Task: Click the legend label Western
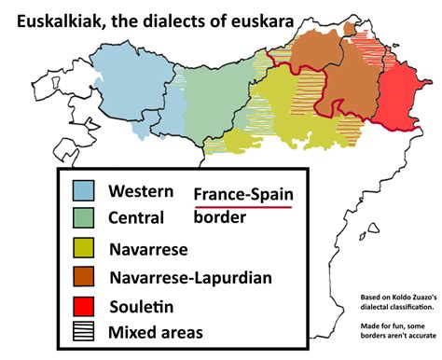coord(141,191)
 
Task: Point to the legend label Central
coord(136,218)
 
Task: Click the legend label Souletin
coord(141,305)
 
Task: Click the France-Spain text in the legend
coord(243,194)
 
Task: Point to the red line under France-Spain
coord(243,208)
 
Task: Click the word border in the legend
coord(220,218)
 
